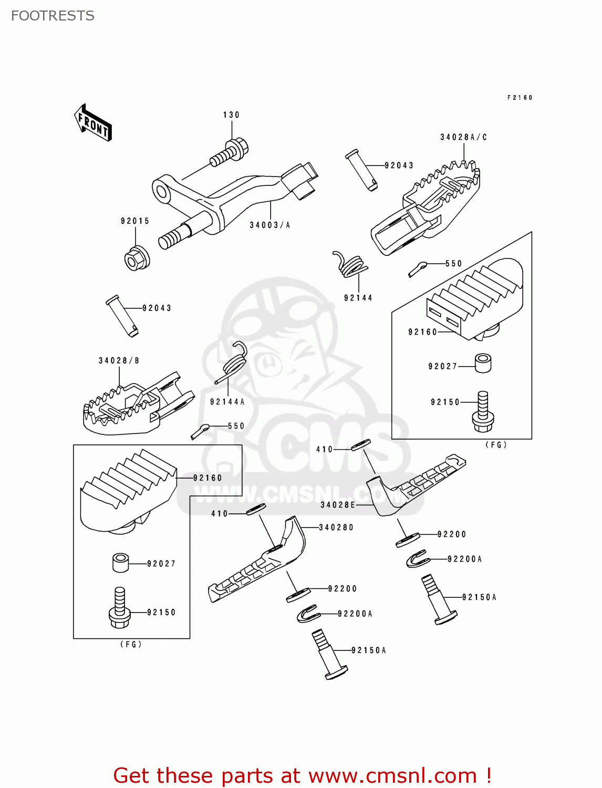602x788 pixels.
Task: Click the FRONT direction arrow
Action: [x=93, y=123]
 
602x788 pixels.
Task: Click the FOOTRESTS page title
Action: [x=53, y=16]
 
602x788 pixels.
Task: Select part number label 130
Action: [x=231, y=115]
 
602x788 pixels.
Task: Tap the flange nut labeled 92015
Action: [x=137, y=258]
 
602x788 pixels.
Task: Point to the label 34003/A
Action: [x=270, y=225]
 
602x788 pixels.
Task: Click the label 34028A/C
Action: [x=463, y=137]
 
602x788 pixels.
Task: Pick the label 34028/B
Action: [x=119, y=361]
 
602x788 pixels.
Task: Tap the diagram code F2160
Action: [x=520, y=98]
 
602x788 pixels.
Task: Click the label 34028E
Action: [x=338, y=505]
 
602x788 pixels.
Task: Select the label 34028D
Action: [x=336, y=527]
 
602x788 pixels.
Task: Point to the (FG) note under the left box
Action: [x=131, y=645]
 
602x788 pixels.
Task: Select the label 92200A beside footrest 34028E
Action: [x=464, y=559]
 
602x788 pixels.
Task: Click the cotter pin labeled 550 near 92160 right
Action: [x=418, y=268]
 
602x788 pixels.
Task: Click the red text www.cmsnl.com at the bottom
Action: [x=392, y=776]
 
